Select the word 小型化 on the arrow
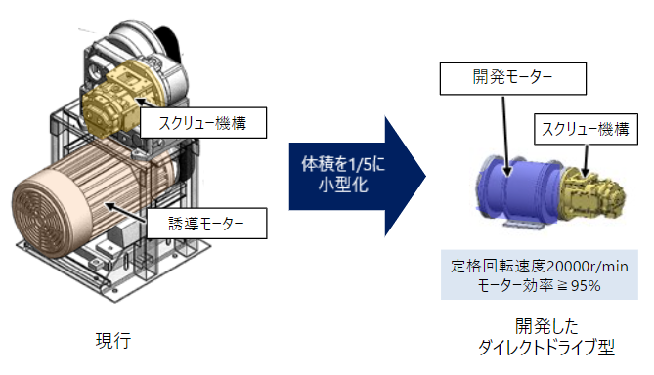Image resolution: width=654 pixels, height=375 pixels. (335, 185)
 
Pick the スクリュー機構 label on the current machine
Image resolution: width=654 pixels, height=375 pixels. (201, 123)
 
